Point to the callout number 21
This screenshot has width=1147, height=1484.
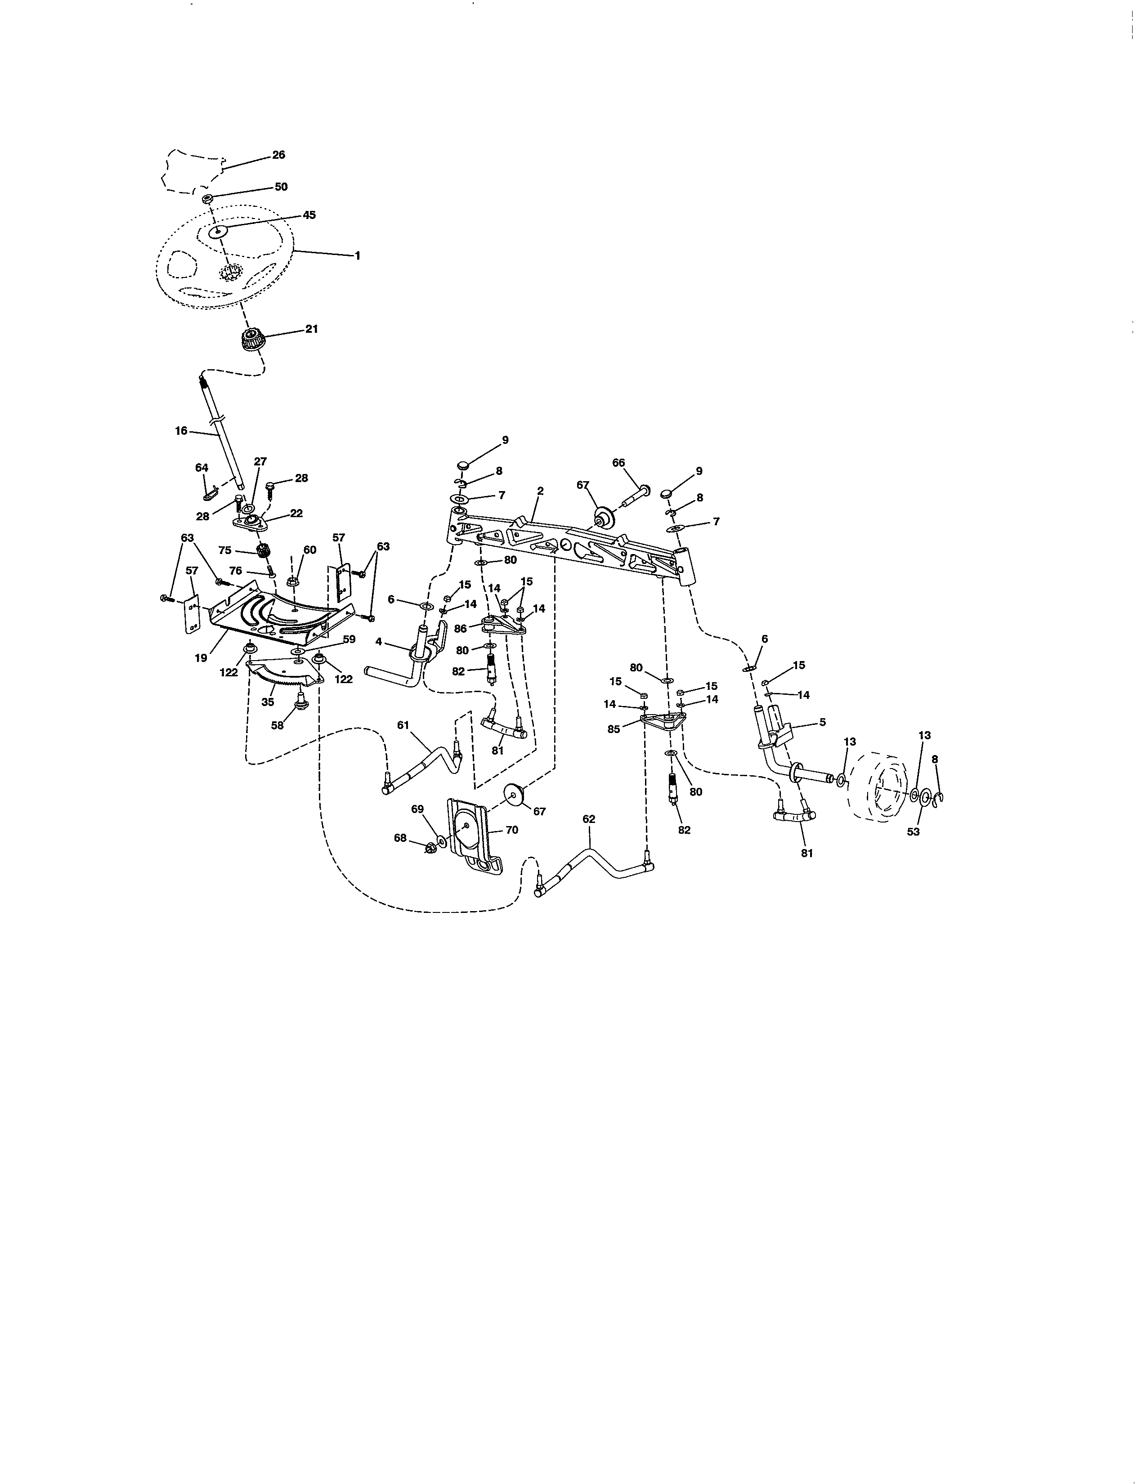[x=311, y=329]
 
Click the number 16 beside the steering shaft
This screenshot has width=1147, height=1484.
[x=181, y=431]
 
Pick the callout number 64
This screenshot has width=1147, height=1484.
[x=202, y=468]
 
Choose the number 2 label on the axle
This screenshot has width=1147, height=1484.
[x=540, y=491]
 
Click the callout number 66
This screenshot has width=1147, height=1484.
[x=618, y=463]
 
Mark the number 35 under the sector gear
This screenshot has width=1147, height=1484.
[x=268, y=702]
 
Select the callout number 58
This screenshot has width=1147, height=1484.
[x=277, y=726]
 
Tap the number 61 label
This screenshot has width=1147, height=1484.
[x=403, y=725]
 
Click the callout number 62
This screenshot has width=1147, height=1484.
[x=588, y=819]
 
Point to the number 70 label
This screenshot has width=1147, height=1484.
[x=512, y=830]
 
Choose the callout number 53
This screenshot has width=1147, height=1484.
[x=913, y=831]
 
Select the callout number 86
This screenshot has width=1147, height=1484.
[x=461, y=629]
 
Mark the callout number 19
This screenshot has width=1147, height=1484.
[x=201, y=658]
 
